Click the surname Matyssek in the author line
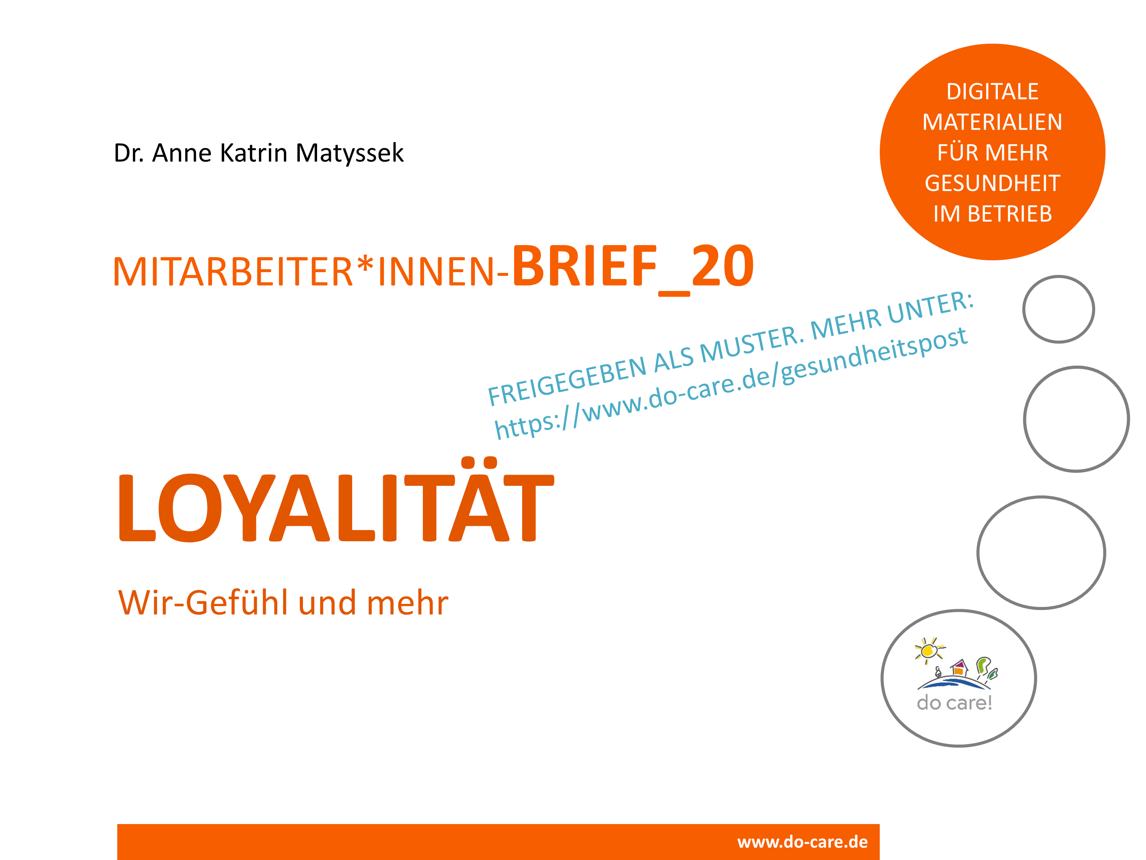pyautogui.click(x=349, y=153)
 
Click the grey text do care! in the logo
pyautogui.click(x=954, y=703)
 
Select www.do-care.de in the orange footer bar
pyautogui.click(x=803, y=842)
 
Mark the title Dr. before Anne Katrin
pyautogui.click(x=128, y=153)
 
